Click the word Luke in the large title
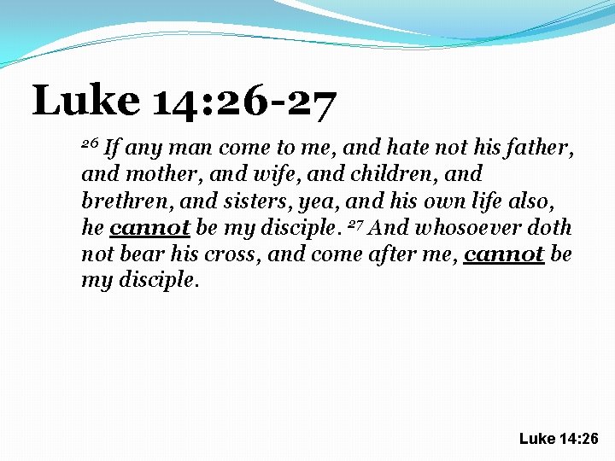click(x=86, y=101)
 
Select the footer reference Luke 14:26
click(x=559, y=439)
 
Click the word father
click(x=543, y=149)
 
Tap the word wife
click(x=246, y=175)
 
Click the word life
click(x=514, y=201)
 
